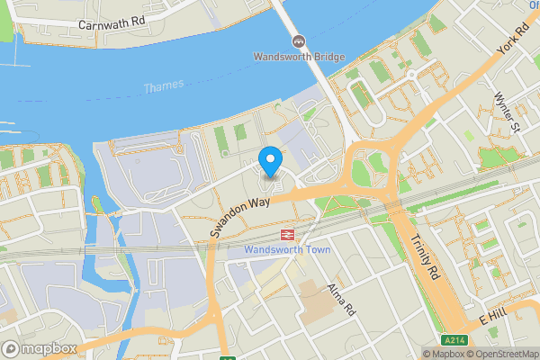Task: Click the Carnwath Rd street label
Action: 112,23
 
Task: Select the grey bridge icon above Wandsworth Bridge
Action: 297,41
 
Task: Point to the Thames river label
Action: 164,85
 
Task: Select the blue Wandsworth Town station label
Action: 287,249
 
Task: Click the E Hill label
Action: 495,318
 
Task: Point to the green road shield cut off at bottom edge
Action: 228,356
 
